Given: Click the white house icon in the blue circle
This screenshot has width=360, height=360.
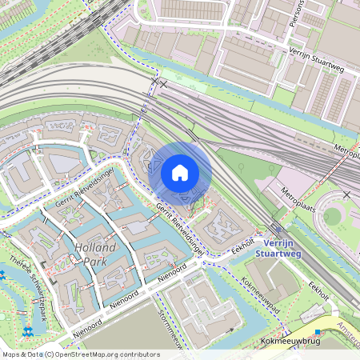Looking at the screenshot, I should pos(180,172).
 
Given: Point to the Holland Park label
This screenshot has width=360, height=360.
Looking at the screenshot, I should pos(94,254).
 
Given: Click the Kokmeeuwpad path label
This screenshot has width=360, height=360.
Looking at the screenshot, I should pos(260,294).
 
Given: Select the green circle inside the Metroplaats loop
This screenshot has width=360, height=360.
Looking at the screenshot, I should pos(332,216).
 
